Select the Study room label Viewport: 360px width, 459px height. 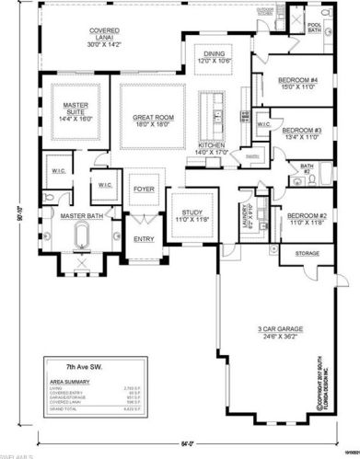pyautogui.click(x=191, y=216)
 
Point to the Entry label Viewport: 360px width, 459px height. pyautogui.click(x=144, y=239)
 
